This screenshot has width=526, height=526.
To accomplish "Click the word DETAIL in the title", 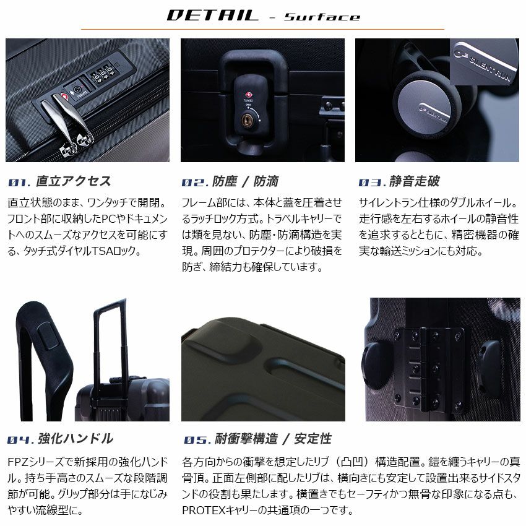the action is (213, 15).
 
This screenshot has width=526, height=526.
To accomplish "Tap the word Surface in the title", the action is (322, 17).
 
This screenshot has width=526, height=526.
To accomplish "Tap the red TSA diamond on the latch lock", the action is (249, 95).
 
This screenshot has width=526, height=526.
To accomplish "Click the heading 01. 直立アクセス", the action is (59, 181).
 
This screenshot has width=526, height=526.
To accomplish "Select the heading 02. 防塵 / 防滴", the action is (230, 181).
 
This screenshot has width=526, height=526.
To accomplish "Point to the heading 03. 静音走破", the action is (399, 181).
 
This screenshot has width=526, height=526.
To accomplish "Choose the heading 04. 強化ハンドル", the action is (60, 439).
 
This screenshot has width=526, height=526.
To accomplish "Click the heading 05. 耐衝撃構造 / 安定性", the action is (257, 439).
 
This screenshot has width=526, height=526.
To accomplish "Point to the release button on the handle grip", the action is (48, 338).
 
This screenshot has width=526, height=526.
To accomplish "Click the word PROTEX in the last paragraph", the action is (204, 511).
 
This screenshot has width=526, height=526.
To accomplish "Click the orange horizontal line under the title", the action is (262, 29).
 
